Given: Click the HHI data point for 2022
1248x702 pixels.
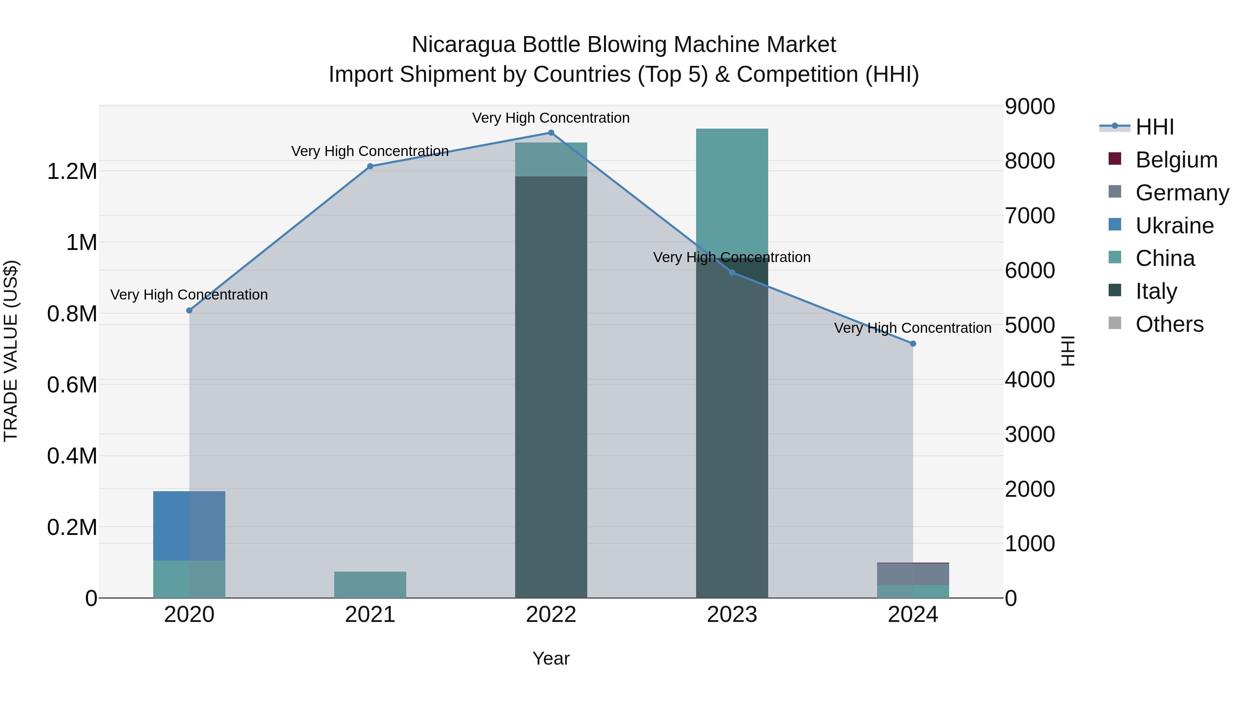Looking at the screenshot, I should click(x=551, y=133).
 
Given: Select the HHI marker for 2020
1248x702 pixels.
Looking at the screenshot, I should click(x=189, y=311).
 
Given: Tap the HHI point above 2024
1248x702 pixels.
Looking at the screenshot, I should click(x=913, y=344).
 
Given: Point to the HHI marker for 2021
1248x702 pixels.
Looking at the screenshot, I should click(x=370, y=166).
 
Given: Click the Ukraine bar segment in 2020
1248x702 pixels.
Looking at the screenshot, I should click(x=189, y=526).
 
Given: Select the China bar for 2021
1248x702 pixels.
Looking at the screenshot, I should click(x=370, y=585).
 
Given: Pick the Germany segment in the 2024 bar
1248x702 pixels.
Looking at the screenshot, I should click(x=913, y=574).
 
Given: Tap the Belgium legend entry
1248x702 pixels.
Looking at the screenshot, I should click(x=1176, y=160).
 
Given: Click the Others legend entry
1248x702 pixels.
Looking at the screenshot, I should click(x=1169, y=324).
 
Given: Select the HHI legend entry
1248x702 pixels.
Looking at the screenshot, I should click(x=1154, y=127).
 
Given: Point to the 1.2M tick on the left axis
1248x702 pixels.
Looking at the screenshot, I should click(x=72, y=172).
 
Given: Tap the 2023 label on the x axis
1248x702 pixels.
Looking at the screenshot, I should click(x=731, y=615).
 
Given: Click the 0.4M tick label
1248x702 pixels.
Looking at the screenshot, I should click(x=72, y=456).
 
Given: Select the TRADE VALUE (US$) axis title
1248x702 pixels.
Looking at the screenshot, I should click(x=11, y=351).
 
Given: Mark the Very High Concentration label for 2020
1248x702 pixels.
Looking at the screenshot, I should click(x=189, y=295).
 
